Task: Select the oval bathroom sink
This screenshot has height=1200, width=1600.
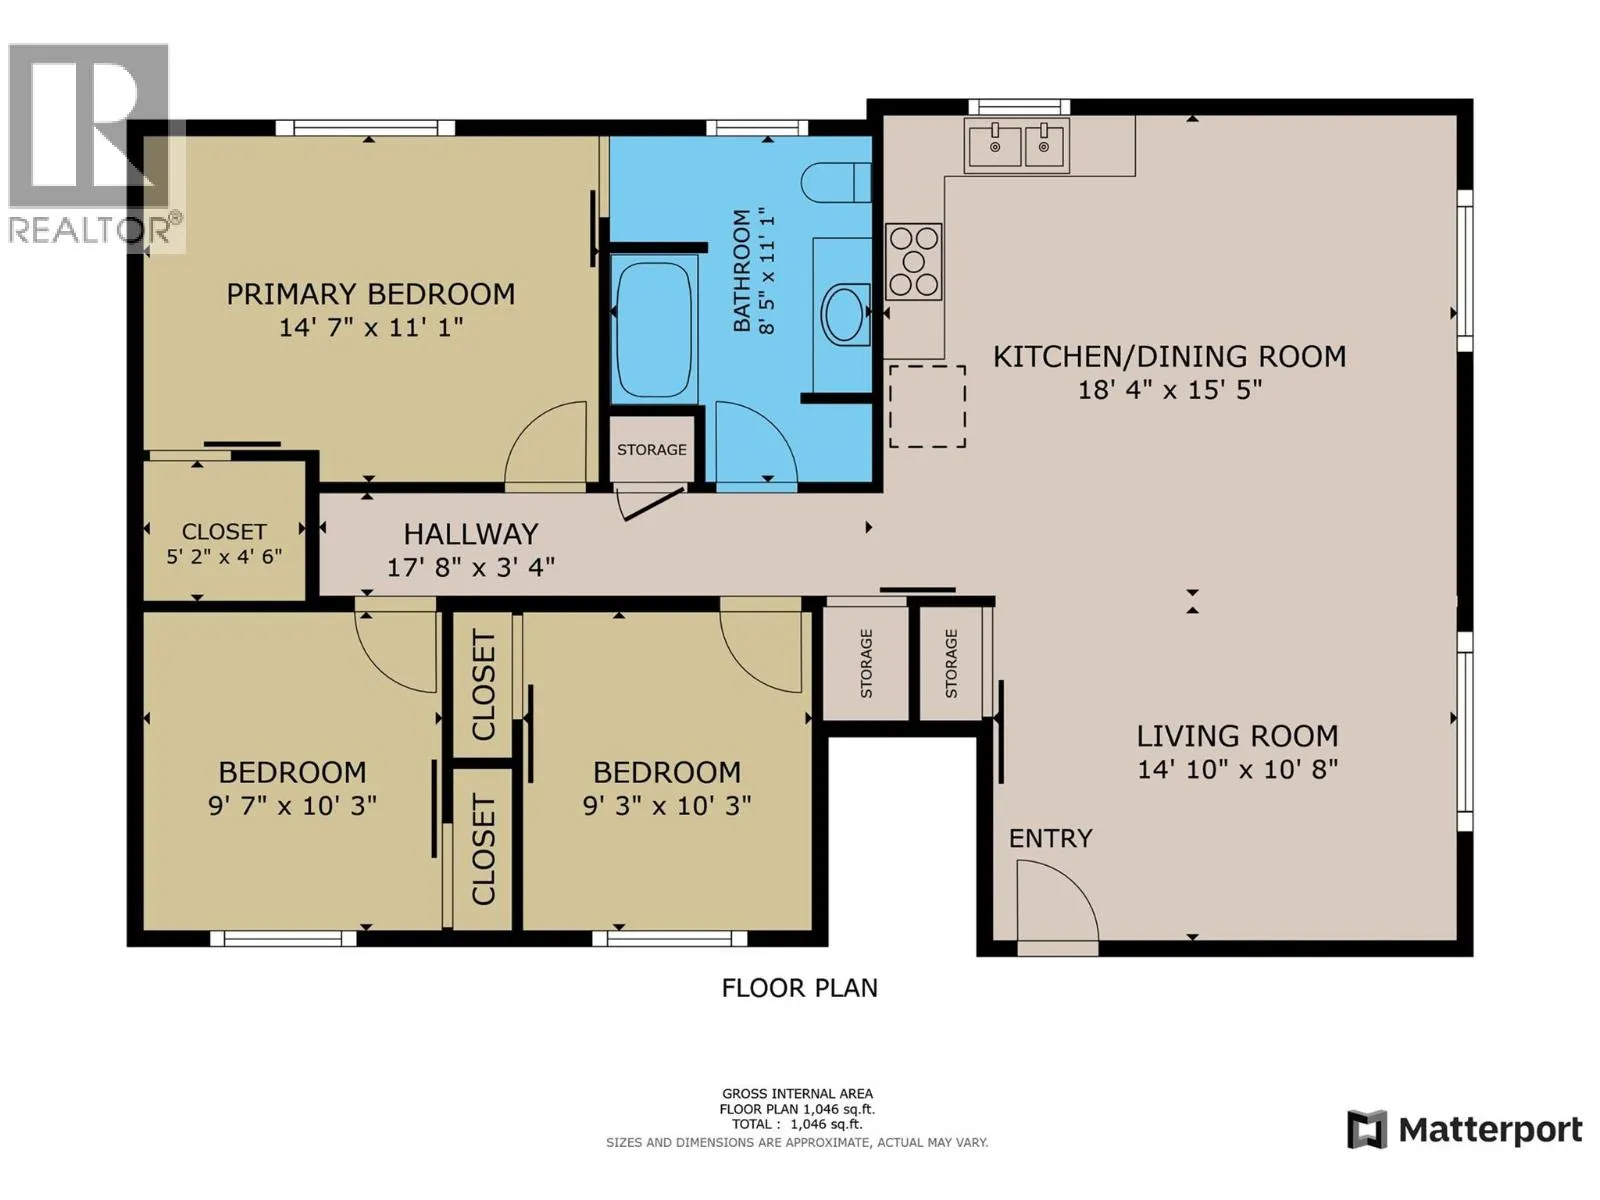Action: click(846, 314)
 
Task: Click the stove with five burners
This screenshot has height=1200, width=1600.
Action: click(913, 262)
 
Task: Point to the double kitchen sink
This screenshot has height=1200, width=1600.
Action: click(1017, 146)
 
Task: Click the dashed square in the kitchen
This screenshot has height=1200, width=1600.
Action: click(927, 407)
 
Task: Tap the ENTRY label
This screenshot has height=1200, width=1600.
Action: click(1050, 839)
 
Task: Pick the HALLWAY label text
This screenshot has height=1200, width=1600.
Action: click(471, 534)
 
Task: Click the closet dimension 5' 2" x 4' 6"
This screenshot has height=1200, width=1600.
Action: click(224, 557)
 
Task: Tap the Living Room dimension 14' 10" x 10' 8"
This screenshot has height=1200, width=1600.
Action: click(1238, 769)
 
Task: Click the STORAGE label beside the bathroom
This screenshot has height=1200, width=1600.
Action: click(652, 450)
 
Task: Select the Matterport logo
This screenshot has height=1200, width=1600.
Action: click(1465, 1130)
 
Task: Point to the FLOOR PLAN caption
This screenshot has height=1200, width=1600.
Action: click(800, 988)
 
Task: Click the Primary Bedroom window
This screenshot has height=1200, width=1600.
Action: click(365, 128)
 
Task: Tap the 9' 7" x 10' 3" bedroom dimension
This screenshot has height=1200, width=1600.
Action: click(292, 806)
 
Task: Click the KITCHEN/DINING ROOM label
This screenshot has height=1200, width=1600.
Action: click(1169, 356)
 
